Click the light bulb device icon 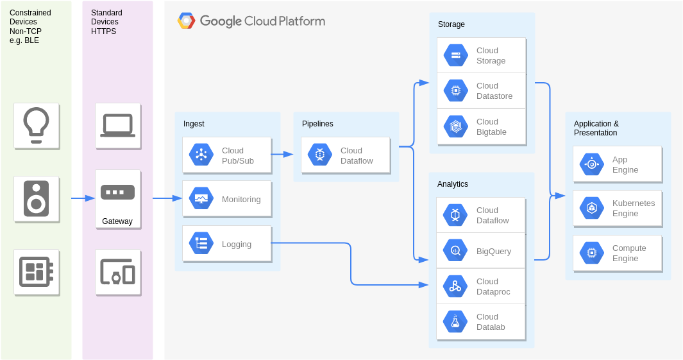click(x=36, y=126)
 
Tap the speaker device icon click(x=36, y=199)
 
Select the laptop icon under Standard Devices click(x=117, y=126)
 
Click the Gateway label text click(x=117, y=221)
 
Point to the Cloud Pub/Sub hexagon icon click(x=201, y=155)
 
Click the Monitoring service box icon click(x=201, y=199)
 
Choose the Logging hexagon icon click(x=201, y=243)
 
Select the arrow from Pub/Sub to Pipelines click(x=282, y=154)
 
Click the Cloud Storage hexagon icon click(x=455, y=55)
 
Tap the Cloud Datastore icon click(x=455, y=90)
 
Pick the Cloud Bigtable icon click(x=455, y=126)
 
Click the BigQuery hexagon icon click(x=455, y=251)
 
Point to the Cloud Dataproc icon click(x=455, y=286)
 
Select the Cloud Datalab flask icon click(x=455, y=321)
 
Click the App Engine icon click(x=591, y=164)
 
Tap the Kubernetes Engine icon click(x=591, y=208)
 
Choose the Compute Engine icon click(x=591, y=253)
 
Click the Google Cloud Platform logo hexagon click(x=187, y=21)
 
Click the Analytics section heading click(x=453, y=184)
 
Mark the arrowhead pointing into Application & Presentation click(x=560, y=196)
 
